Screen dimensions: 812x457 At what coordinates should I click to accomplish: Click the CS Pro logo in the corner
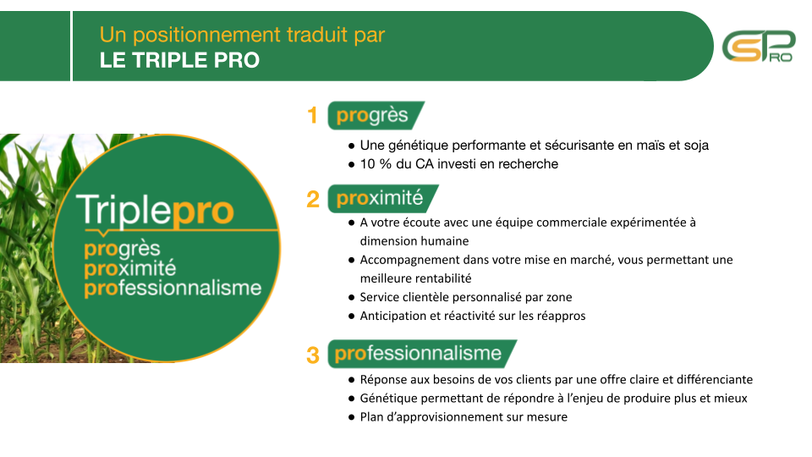[759, 47]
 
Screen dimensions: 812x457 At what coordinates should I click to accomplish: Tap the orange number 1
[312, 116]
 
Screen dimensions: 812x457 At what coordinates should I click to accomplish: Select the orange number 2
[313, 200]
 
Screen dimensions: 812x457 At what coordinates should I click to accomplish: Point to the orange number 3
[313, 355]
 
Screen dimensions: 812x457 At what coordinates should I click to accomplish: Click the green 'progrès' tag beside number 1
[376, 115]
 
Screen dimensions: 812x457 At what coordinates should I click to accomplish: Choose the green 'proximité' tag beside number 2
[383, 198]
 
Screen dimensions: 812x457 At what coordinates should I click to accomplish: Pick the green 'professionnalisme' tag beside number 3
[422, 354]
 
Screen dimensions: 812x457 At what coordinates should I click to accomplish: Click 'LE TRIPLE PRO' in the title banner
[179, 60]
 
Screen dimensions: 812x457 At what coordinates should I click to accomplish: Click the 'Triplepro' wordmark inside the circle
[156, 211]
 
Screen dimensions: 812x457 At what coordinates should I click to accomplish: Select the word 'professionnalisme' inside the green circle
[173, 288]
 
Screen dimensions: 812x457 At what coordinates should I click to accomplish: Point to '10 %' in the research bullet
[376, 164]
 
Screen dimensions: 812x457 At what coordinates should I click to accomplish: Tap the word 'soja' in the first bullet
[696, 146]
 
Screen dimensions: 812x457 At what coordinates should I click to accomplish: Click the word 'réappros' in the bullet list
[562, 316]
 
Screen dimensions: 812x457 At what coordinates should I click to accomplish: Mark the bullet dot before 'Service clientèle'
[352, 298]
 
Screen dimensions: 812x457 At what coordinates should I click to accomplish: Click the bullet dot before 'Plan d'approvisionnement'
[352, 417]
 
